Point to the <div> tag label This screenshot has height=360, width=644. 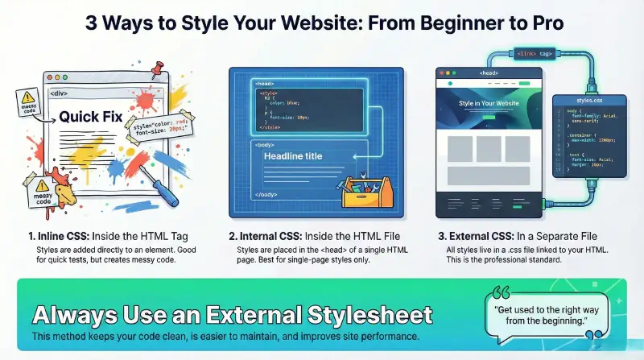[x=59, y=93]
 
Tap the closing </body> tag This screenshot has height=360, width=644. [x=268, y=195]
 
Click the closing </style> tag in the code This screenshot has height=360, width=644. [x=269, y=126]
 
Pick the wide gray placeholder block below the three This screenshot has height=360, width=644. [x=488, y=182]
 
